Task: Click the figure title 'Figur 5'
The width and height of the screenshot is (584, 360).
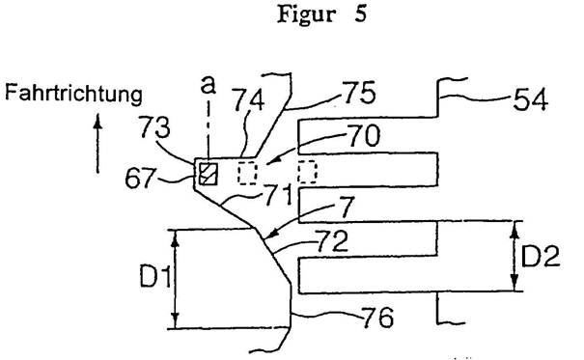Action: tap(321, 14)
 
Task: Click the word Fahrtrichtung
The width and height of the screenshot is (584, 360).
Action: tap(73, 93)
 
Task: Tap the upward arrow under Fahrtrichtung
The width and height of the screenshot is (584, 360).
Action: tap(97, 144)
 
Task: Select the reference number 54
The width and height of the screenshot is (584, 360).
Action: tap(530, 99)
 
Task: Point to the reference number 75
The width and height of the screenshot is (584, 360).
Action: tap(359, 93)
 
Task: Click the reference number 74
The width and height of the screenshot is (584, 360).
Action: tap(249, 99)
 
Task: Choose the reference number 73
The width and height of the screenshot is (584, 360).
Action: tap(154, 127)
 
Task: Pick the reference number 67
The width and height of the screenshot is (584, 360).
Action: tap(140, 178)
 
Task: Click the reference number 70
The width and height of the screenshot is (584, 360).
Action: tap(364, 135)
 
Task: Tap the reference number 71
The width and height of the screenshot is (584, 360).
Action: tap(278, 196)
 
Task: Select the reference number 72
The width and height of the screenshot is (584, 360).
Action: tap(332, 241)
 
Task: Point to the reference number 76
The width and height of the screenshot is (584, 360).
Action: tap(377, 318)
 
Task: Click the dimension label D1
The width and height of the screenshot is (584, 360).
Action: tap(155, 277)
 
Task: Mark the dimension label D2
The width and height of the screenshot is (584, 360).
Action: tap(540, 257)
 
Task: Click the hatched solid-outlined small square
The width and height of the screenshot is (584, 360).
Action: tap(209, 174)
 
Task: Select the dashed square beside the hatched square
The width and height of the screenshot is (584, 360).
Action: tap(248, 173)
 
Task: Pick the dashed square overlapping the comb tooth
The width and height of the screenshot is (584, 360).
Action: tap(307, 172)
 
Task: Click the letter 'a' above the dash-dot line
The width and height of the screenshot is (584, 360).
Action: tap(208, 85)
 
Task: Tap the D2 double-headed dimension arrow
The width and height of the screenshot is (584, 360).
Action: tap(514, 256)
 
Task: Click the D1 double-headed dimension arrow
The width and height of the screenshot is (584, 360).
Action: tap(176, 279)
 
